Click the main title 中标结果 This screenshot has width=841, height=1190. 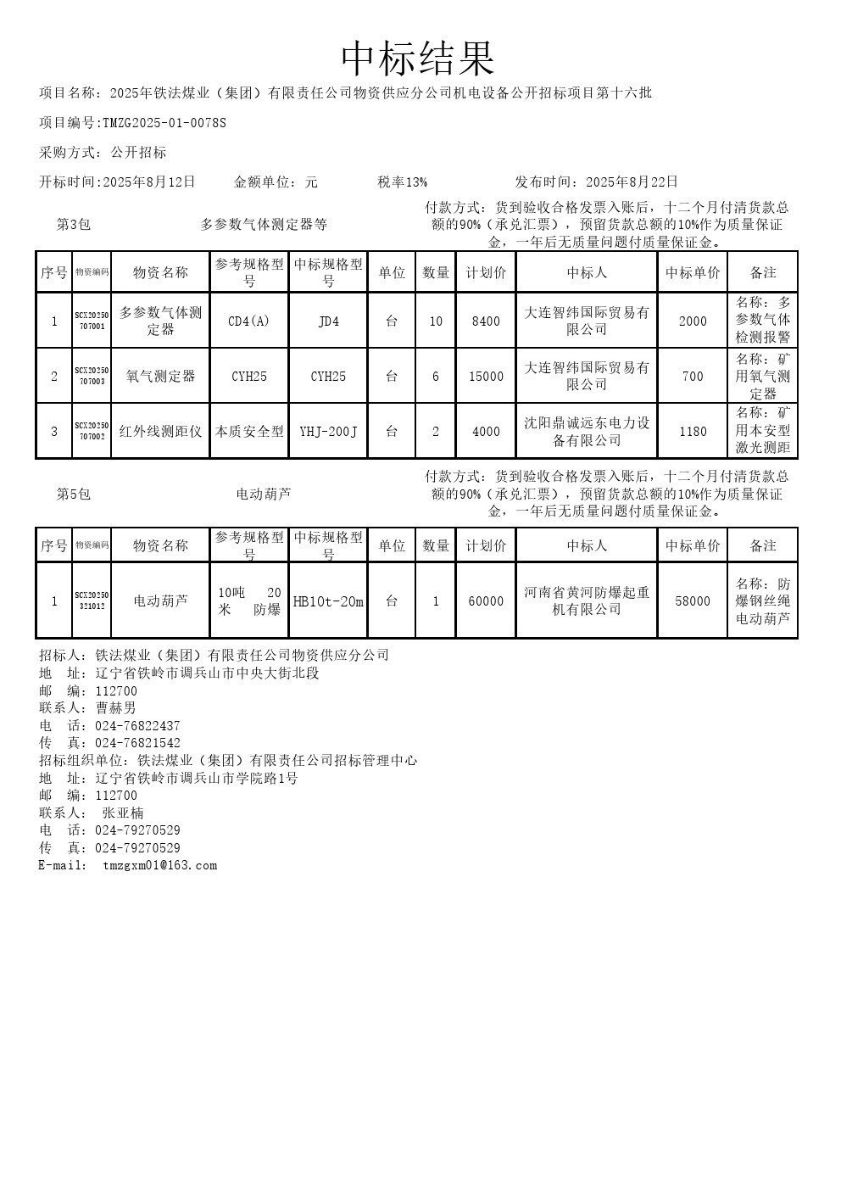point(419,59)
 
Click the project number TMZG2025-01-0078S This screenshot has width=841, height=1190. point(164,123)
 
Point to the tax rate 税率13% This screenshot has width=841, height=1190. point(403,182)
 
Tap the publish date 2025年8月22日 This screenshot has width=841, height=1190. point(632,182)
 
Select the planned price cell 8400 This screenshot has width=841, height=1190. point(486,321)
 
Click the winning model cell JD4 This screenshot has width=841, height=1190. point(328,321)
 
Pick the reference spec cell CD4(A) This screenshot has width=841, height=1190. point(249,321)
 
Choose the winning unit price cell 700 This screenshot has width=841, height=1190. point(693,376)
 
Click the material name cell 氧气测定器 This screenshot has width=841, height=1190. point(160,376)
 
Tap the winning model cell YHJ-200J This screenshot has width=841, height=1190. point(328,431)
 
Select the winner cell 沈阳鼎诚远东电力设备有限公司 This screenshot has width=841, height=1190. point(587,431)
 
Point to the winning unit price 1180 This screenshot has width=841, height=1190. point(693,431)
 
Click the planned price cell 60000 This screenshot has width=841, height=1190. point(486,601)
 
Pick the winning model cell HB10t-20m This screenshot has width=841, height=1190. point(328,601)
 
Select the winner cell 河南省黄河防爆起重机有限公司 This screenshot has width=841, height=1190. point(587,601)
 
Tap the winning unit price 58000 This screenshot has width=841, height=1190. point(693,601)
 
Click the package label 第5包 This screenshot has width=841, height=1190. point(74,494)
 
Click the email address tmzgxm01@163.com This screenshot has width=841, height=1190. point(159,865)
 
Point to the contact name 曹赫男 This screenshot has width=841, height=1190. point(116,707)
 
